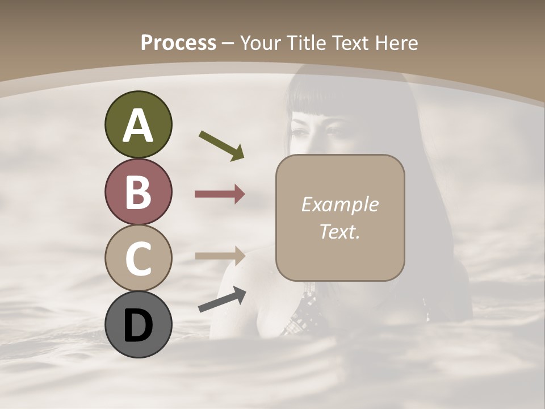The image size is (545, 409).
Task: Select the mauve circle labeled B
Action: (x=138, y=192)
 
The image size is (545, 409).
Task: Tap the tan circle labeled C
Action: (x=138, y=258)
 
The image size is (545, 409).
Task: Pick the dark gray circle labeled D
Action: (x=138, y=324)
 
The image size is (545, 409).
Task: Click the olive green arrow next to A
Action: (x=221, y=145)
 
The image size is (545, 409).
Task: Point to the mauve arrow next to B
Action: (x=220, y=194)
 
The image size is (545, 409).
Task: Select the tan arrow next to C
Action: (x=220, y=256)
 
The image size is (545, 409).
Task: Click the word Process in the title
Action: (x=178, y=43)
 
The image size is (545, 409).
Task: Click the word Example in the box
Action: (x=340, y=204)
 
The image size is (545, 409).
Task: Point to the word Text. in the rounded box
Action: (x=340, y=231)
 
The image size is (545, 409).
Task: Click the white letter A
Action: (x=138, y=126)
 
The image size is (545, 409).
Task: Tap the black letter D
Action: (x=138, y=325)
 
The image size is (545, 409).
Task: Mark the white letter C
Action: (x=138, y=259)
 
